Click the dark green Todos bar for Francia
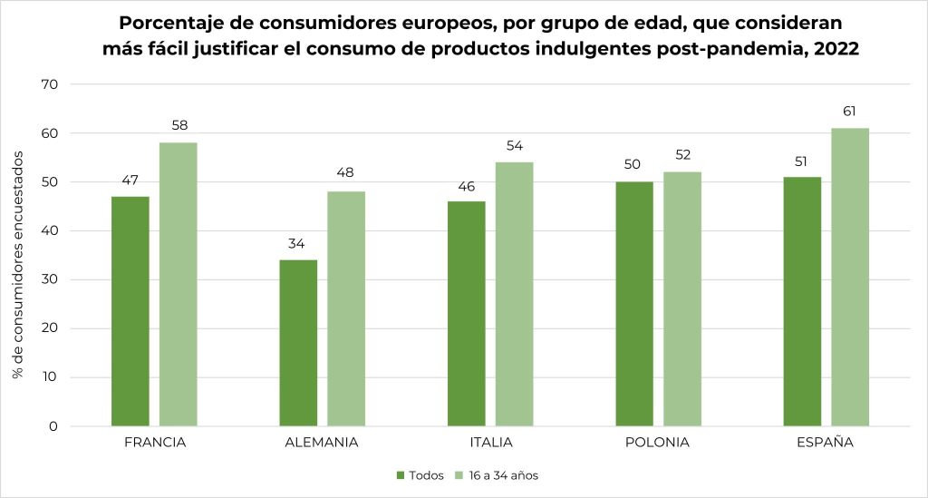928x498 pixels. click(130, 311)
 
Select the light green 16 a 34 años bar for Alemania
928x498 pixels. click(346, 308)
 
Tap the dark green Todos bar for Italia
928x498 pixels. click(467, 313)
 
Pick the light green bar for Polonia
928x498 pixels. click(682, 299)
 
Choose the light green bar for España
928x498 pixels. click(850, 277)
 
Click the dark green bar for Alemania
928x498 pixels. click(298, 343)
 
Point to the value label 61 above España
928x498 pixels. click(850, 112)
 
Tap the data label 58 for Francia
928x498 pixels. click(179, 126)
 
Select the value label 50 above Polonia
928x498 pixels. click(634, 165)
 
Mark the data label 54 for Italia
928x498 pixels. click(515, 146)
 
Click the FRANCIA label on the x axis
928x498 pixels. click(155, 443)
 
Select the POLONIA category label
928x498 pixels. click(658, 443)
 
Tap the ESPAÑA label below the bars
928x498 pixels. click(826, 443)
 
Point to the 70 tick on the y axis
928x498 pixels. click(49, 84)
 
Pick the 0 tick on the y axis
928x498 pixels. click(53, 426)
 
